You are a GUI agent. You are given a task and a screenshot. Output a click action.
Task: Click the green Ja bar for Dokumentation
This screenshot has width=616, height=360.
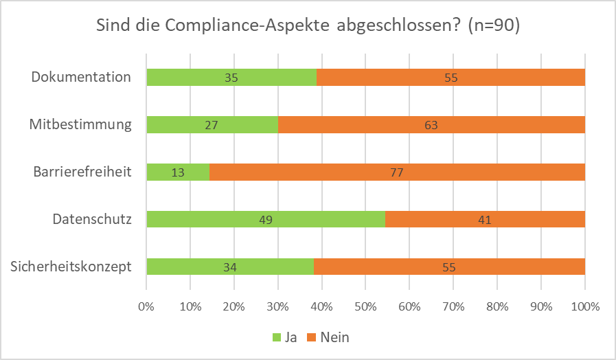click(231, 78)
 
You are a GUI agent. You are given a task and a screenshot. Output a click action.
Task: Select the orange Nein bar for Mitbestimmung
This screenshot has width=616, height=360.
click(431, 125)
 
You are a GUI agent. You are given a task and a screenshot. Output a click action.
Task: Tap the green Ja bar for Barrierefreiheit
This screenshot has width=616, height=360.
click(178, 172)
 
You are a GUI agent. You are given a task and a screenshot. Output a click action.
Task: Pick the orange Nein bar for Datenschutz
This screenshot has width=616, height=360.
click(485, 220)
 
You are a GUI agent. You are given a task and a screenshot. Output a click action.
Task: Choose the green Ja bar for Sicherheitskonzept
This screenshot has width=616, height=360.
click(230, 267)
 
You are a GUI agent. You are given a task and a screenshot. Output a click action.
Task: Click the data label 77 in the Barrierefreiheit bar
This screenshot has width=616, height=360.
click(397, 172)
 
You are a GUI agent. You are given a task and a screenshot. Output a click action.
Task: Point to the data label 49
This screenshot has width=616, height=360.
click(265, 220)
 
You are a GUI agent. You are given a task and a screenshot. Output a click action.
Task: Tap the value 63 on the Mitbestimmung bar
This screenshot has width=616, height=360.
click(431, 125)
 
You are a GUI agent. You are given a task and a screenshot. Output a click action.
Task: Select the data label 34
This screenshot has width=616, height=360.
click(231, 267)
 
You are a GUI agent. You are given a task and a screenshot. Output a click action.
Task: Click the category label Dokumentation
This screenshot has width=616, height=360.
click(81, 77)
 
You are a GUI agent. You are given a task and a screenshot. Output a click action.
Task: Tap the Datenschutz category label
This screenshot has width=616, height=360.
click(91, 219)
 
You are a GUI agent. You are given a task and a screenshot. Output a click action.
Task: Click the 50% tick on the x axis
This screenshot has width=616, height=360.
click(365, 307)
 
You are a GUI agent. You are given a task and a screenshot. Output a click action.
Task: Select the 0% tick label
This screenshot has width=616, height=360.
click(146, 307)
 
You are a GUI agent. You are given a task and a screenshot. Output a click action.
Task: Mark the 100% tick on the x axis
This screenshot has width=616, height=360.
click(584, 307)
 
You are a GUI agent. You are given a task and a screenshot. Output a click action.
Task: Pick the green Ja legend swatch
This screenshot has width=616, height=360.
click(278, 337)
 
